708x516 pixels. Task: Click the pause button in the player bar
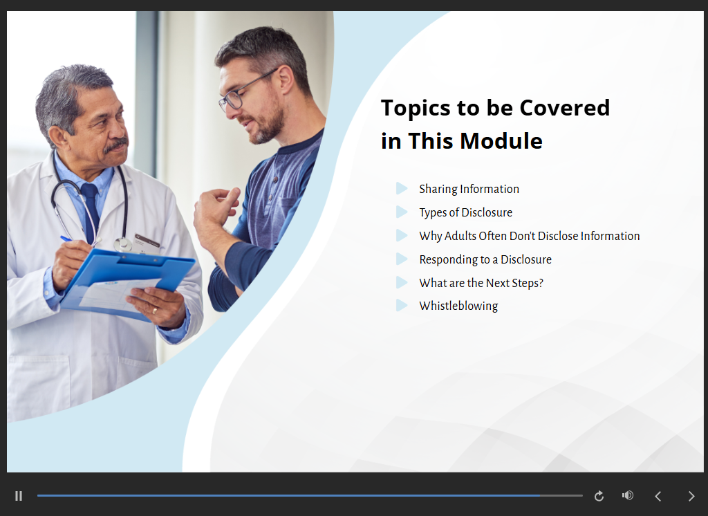click(x=19, y=496)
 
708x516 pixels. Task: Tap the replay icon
click(x=599, y=496)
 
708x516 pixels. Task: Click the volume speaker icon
click(x=628, y=496)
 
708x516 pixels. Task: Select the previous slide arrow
click(x=658, y=496)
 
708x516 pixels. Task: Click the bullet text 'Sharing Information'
click(x=469, y=189)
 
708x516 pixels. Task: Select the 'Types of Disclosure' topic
click(x=465, y=212)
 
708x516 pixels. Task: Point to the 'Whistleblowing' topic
click(x=458, y=306)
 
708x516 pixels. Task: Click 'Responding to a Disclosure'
click(x=485, y=259)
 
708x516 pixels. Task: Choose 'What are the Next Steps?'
click(x=481, y=283)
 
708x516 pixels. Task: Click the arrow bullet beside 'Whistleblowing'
click(x=402, y=306)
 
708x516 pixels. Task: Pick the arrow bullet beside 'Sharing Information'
click(x=402, y=188)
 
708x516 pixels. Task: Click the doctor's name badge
click(x=147, y=241)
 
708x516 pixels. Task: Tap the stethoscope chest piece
click(x=122, y=244)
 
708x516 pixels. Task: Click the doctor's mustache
click(x=116, y=145)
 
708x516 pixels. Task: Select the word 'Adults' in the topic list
click(x=460, y=236)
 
